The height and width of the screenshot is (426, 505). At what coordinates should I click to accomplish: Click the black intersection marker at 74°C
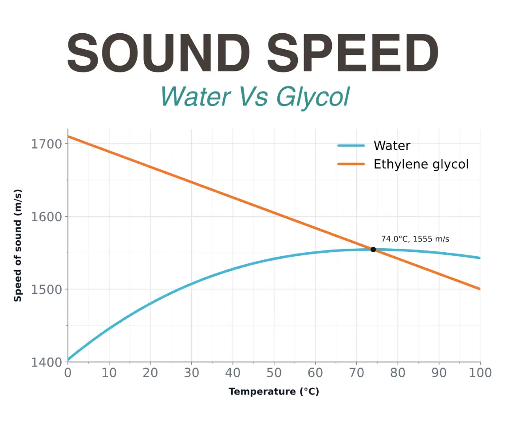373,250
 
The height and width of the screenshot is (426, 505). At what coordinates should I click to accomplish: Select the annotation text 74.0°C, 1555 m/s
415,239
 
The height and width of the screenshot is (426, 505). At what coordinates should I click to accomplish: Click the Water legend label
392,145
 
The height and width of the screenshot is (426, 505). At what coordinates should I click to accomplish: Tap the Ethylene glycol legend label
421,164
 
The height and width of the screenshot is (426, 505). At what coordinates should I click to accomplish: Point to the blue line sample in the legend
351,145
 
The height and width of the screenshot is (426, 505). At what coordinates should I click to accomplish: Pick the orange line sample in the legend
351,164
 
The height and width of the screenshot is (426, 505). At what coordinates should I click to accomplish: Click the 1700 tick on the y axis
47,144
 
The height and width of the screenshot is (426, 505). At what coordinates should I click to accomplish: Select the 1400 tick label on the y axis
47,362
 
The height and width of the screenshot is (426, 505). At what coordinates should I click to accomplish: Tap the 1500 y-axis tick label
47,289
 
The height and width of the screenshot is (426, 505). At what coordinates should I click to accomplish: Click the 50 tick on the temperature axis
274,373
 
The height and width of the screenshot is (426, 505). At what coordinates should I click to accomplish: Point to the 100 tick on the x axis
480,373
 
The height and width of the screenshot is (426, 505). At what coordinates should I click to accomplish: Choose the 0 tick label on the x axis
68,373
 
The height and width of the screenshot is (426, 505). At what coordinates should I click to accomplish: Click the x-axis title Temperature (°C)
274,391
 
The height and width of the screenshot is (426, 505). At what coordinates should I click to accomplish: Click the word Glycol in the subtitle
312,96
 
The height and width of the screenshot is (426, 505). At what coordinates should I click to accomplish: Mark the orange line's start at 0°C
68,136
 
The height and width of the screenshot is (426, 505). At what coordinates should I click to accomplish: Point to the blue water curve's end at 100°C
480,258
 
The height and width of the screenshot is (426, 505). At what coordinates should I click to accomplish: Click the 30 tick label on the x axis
192,373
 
